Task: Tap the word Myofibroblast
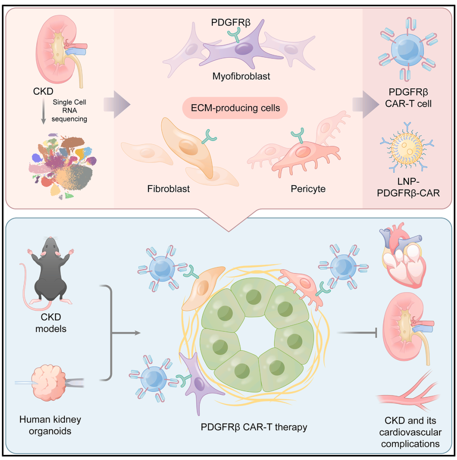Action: coord(241,77)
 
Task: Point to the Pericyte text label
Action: coord(308,188)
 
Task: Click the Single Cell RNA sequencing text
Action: coord(70,111)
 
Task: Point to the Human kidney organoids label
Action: coord(50,425)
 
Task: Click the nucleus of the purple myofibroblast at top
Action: coord(243,48)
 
